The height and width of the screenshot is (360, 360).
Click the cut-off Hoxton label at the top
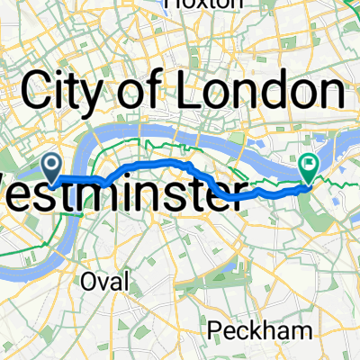(x=205, y=4)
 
